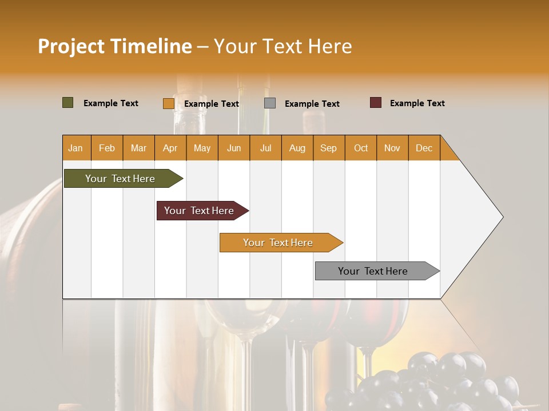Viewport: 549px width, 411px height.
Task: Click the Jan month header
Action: (x=76, y=148)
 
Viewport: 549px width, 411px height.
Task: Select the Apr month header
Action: (x=170, y=148)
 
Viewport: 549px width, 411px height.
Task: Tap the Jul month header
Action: (x=265, y=148)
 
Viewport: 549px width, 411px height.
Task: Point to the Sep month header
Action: (x=328, y=148)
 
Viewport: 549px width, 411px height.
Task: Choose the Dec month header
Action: (x=424, y=148)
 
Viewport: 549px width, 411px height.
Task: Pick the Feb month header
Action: (x=107, y=148)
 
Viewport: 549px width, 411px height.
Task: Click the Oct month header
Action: (x=360, y=148)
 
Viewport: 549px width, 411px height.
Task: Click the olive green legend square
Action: (x=68, y=103)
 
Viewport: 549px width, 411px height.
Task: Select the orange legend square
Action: (x=168, y=103)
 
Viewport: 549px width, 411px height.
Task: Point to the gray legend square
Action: (x=270, y=103)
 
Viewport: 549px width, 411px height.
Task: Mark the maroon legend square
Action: (x=376, y=103)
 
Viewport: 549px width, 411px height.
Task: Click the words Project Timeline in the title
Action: (x=115, y=46)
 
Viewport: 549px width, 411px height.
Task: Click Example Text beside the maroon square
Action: (x=417, y=103)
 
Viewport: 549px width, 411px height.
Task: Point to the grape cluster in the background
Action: (x=435, y=382)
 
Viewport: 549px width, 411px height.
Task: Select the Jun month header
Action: (x=233, y=148)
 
